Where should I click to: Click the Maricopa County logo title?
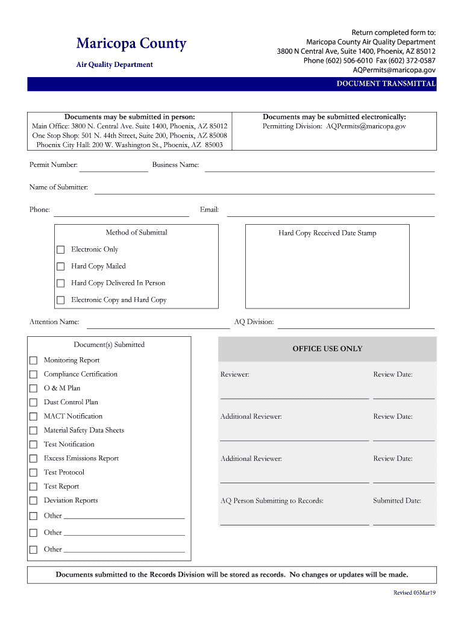[131, 44]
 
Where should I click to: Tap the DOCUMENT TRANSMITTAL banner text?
[386, 84]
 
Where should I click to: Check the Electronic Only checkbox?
[60, 249]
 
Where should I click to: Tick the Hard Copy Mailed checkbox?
[60, 266]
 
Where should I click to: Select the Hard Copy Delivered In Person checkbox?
[60, 283]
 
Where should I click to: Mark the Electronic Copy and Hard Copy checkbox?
[60, 300]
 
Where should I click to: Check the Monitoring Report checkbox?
[34, 360]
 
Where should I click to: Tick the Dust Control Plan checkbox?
[34, 402]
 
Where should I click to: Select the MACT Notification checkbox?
[34, 416]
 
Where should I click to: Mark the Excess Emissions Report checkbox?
[34, 459]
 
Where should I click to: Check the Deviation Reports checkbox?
[34, 501]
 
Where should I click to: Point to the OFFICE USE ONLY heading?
[327, 349]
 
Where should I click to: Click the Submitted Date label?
[397, 501]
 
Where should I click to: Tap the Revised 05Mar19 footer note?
[415, 593]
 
